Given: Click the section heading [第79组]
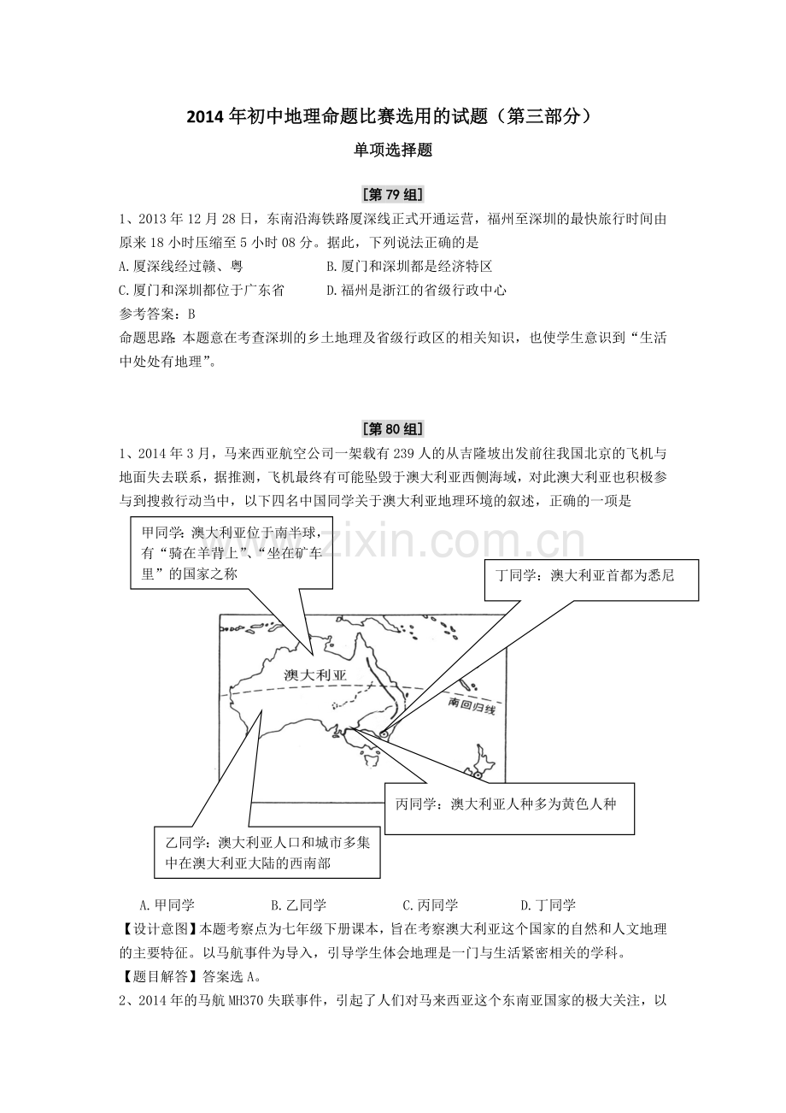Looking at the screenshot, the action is click(393, 194).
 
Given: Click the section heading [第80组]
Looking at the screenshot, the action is click(393, 429).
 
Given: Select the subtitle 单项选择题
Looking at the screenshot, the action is click(393, 150).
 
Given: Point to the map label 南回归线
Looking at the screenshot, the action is click(472, 705).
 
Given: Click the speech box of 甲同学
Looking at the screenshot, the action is click(232, 553).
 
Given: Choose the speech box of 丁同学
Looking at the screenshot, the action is click(591, 580).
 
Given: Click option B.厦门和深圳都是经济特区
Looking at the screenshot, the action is click(409, 267).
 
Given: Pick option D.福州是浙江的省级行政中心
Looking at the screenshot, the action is click(416, 290).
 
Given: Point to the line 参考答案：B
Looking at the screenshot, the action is click(157, 314).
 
